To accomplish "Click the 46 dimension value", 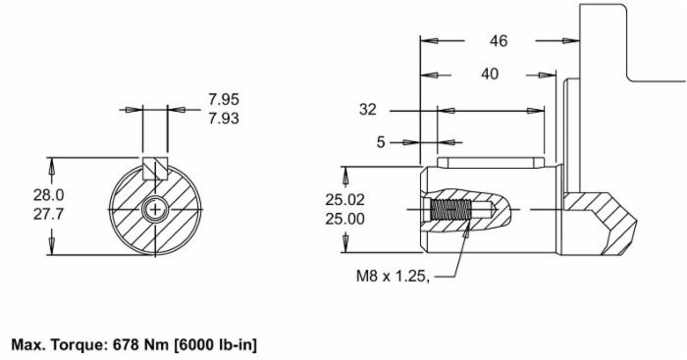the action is pos(499,41).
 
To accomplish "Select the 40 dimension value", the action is pos(490,74).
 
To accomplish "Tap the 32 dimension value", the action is pos(368,109).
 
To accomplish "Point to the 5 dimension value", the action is pos(381,142).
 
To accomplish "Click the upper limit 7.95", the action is pos(224,99).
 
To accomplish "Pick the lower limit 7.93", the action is pos(224,119).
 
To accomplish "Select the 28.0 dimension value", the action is pos(49,195).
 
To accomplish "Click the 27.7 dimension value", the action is pos(49,214).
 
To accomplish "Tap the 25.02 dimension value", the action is pos(344,200).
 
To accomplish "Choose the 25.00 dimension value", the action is pos(344,219).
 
